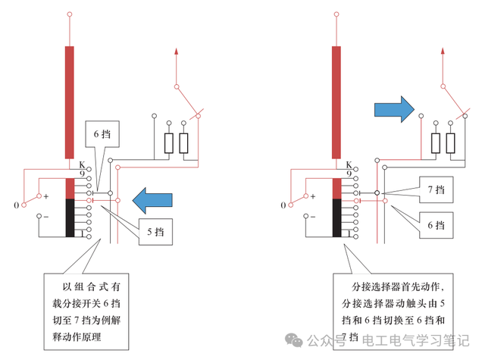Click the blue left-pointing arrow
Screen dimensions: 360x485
152,199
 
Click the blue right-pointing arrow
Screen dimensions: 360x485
393,110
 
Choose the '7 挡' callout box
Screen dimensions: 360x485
435,189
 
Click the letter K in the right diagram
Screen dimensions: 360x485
349,164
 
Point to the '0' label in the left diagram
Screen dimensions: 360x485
16,205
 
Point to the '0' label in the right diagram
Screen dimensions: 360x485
283,205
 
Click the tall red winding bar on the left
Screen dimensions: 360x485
69,102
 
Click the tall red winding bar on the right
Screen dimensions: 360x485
336,102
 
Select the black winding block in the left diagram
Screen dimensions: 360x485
69,218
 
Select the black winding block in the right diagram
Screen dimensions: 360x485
336,218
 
